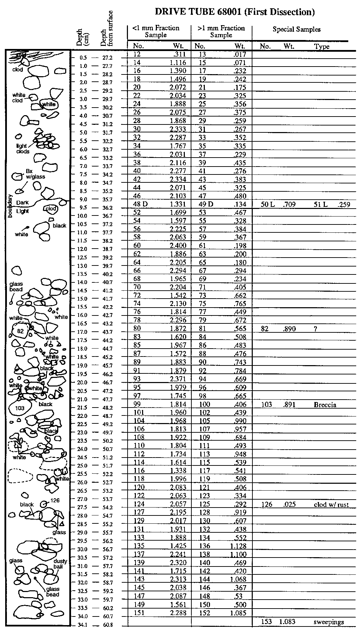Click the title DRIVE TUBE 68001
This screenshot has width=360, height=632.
click(x=234, y=12)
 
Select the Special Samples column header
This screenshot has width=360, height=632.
click(x=296, y=29)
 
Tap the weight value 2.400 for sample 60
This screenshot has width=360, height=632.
click(x=178, y=245)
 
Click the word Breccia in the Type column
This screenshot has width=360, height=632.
click(x=325, y=404)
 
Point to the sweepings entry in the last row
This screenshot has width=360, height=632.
click(x=329, y=622)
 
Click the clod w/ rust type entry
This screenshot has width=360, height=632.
click(x=331, y=504)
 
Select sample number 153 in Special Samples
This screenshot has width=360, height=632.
click(x=266, y=622)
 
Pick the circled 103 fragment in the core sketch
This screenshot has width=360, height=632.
click(x=20, y=409)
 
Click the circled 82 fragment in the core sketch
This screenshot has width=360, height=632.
click(x=20, y=331)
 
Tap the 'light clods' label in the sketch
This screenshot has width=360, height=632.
click(x=23, y=149)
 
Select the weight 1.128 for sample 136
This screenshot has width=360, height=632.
click(x=238, y=546)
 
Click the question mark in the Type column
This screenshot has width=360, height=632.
click(x=315, y=329)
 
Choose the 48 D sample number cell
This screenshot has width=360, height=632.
click(x=140, y=204)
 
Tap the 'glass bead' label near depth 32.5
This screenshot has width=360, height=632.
click(x=53, y=592)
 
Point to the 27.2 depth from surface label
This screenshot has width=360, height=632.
click(x=107, y=58)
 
